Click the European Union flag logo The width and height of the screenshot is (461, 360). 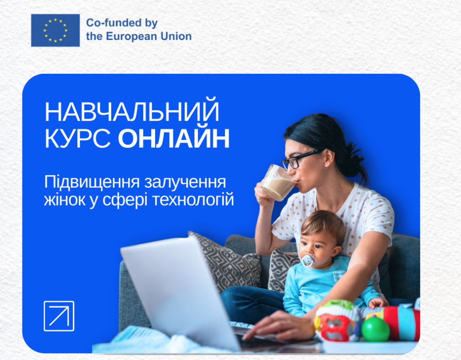[x=55, y=30]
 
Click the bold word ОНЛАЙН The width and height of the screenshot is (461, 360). [x=174, y=139]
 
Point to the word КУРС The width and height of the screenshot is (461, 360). [x=77, y=139]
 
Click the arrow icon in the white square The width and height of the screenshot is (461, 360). [x=59, y=316]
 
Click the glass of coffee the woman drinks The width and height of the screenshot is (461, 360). [x=277, y=183]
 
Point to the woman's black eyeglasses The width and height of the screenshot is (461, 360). [x=302, y=159]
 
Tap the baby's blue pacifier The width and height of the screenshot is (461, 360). [x=308, y=260]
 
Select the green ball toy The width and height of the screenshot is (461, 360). [x=375, y=328]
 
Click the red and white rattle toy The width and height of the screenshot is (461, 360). [x=338, y=320]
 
